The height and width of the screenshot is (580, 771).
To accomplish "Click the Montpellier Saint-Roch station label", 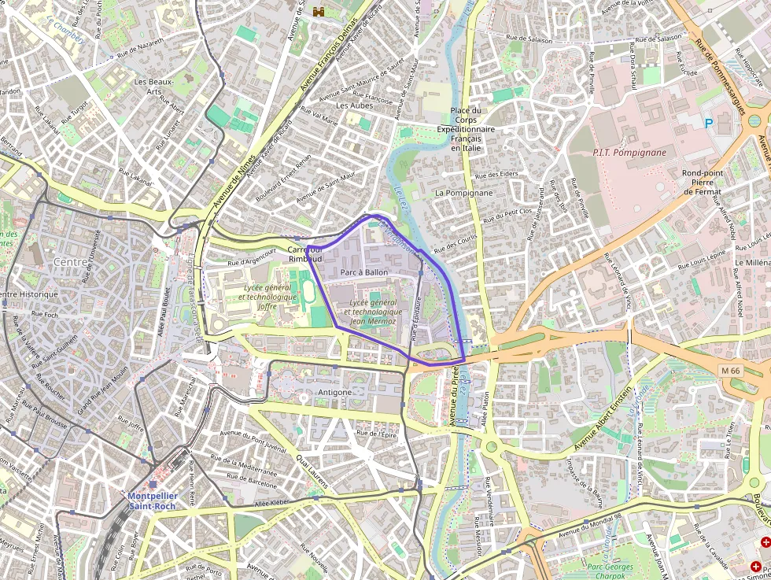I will point(153,501).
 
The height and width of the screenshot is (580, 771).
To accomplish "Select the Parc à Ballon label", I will point(364,272).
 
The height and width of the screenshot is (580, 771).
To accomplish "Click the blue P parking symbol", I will point(708,124).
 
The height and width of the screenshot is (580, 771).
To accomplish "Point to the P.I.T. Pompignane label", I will point(629,153).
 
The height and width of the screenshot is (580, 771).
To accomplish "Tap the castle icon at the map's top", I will point(319,11).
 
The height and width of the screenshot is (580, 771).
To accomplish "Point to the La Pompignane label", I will point(463,192).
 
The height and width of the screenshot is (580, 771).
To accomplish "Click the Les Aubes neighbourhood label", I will point(353,105).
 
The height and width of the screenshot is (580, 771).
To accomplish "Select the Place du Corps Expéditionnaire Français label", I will point(466,129).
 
